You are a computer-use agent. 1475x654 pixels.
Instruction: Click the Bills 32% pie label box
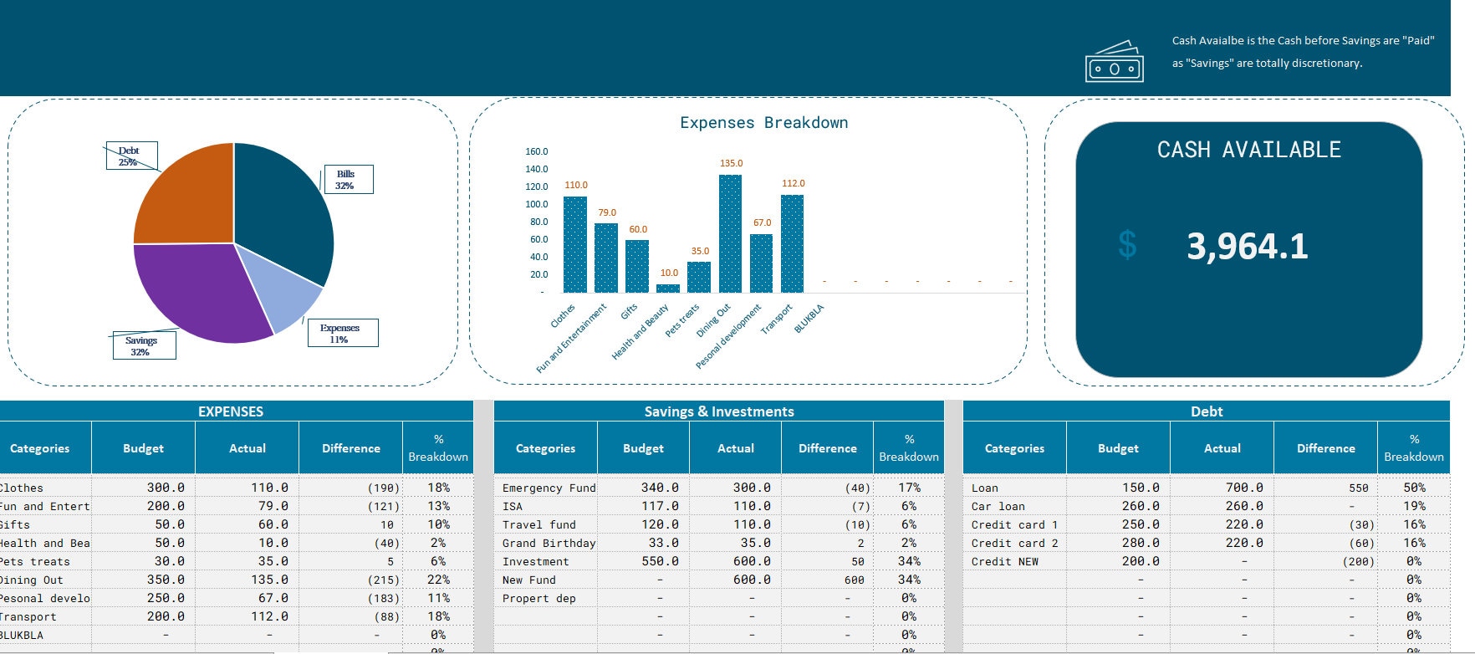[347, 179]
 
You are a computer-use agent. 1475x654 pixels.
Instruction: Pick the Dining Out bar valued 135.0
[730, 234]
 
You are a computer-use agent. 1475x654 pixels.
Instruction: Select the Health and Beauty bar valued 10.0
[668, 288]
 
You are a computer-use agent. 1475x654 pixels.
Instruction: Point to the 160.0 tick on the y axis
[536, 151]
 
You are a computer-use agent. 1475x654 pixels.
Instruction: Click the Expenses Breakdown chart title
[763, 123]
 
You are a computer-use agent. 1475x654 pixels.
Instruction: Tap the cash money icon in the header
[1114, 63]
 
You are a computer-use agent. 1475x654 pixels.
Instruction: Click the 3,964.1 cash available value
[1247, 246]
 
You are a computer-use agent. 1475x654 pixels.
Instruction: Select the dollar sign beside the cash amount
[1127, 245]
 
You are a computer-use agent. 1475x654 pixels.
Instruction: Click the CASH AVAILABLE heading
[1248, 150]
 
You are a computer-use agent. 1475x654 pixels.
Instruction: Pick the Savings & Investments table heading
[718, 411]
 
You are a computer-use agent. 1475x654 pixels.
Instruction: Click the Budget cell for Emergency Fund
[659, 488]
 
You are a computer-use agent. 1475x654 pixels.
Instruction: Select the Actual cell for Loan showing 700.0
[1243, 488]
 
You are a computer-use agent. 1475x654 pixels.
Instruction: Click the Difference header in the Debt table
[1325, 448]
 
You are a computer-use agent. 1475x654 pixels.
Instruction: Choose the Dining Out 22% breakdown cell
[438, 580]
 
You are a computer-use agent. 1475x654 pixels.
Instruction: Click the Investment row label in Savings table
[535, 561]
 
